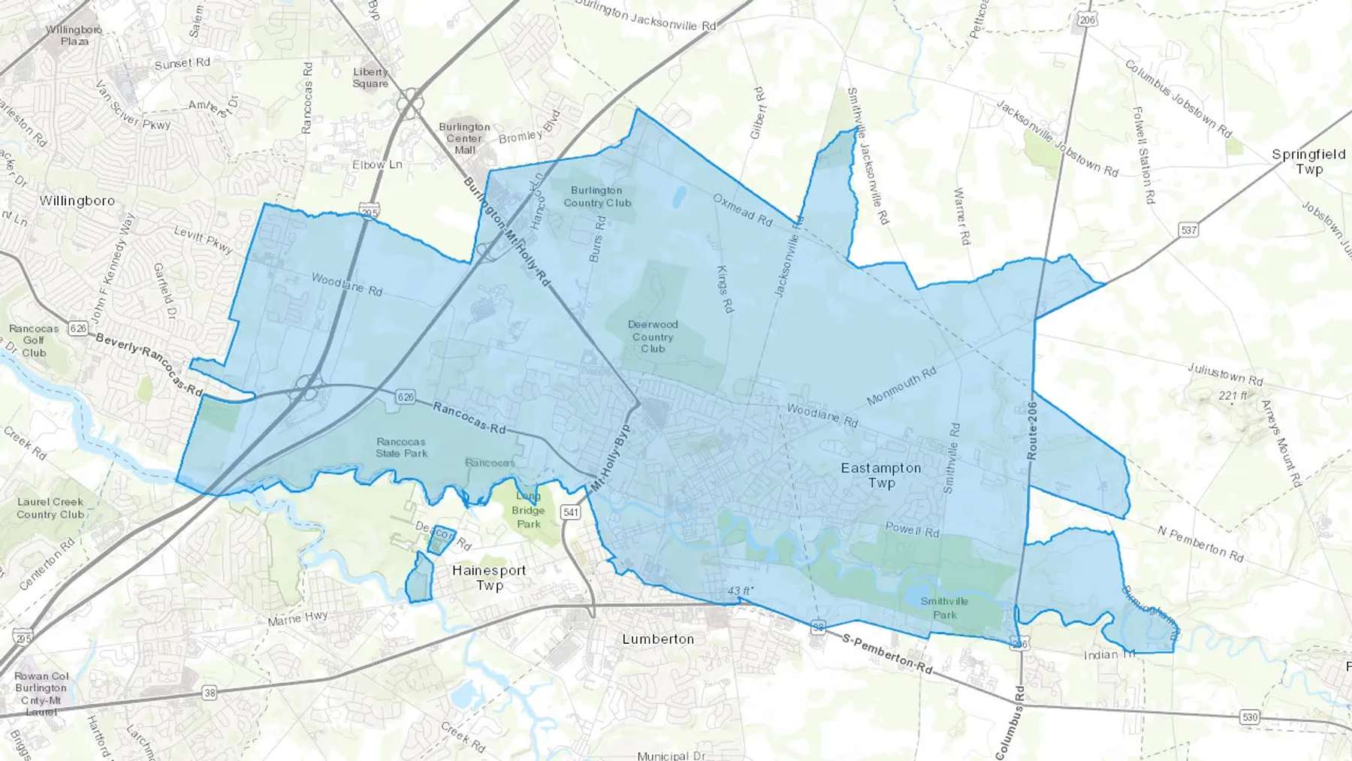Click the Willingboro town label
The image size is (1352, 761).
[x=77, y=201]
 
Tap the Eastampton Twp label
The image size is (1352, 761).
[x=881, y=476]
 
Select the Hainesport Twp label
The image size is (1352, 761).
[x=489, y=578]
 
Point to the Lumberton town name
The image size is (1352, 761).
[x=658, y=639]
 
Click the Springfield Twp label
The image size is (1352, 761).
[x=1308, y=162]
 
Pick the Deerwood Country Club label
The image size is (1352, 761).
[x=653, y=337]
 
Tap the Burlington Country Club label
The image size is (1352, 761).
[x=597, y=197]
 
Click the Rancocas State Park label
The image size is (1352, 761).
[x=401, y=448]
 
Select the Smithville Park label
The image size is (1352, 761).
[x=944, y=608]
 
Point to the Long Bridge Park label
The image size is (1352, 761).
[x=528, y=510]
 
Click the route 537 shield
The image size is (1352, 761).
[x=1188, y=230]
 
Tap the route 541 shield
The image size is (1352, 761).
[x=571, y=512]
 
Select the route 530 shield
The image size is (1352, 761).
[x=1249, y=717]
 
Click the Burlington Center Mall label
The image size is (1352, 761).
[x=464, y=138]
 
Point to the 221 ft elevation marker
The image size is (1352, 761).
[x=1233, y=396]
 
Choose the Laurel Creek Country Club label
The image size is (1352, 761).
[x=50, y=509]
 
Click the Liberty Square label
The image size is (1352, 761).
[x=370, y=77]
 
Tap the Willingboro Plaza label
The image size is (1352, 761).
[x=74, y=35]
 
